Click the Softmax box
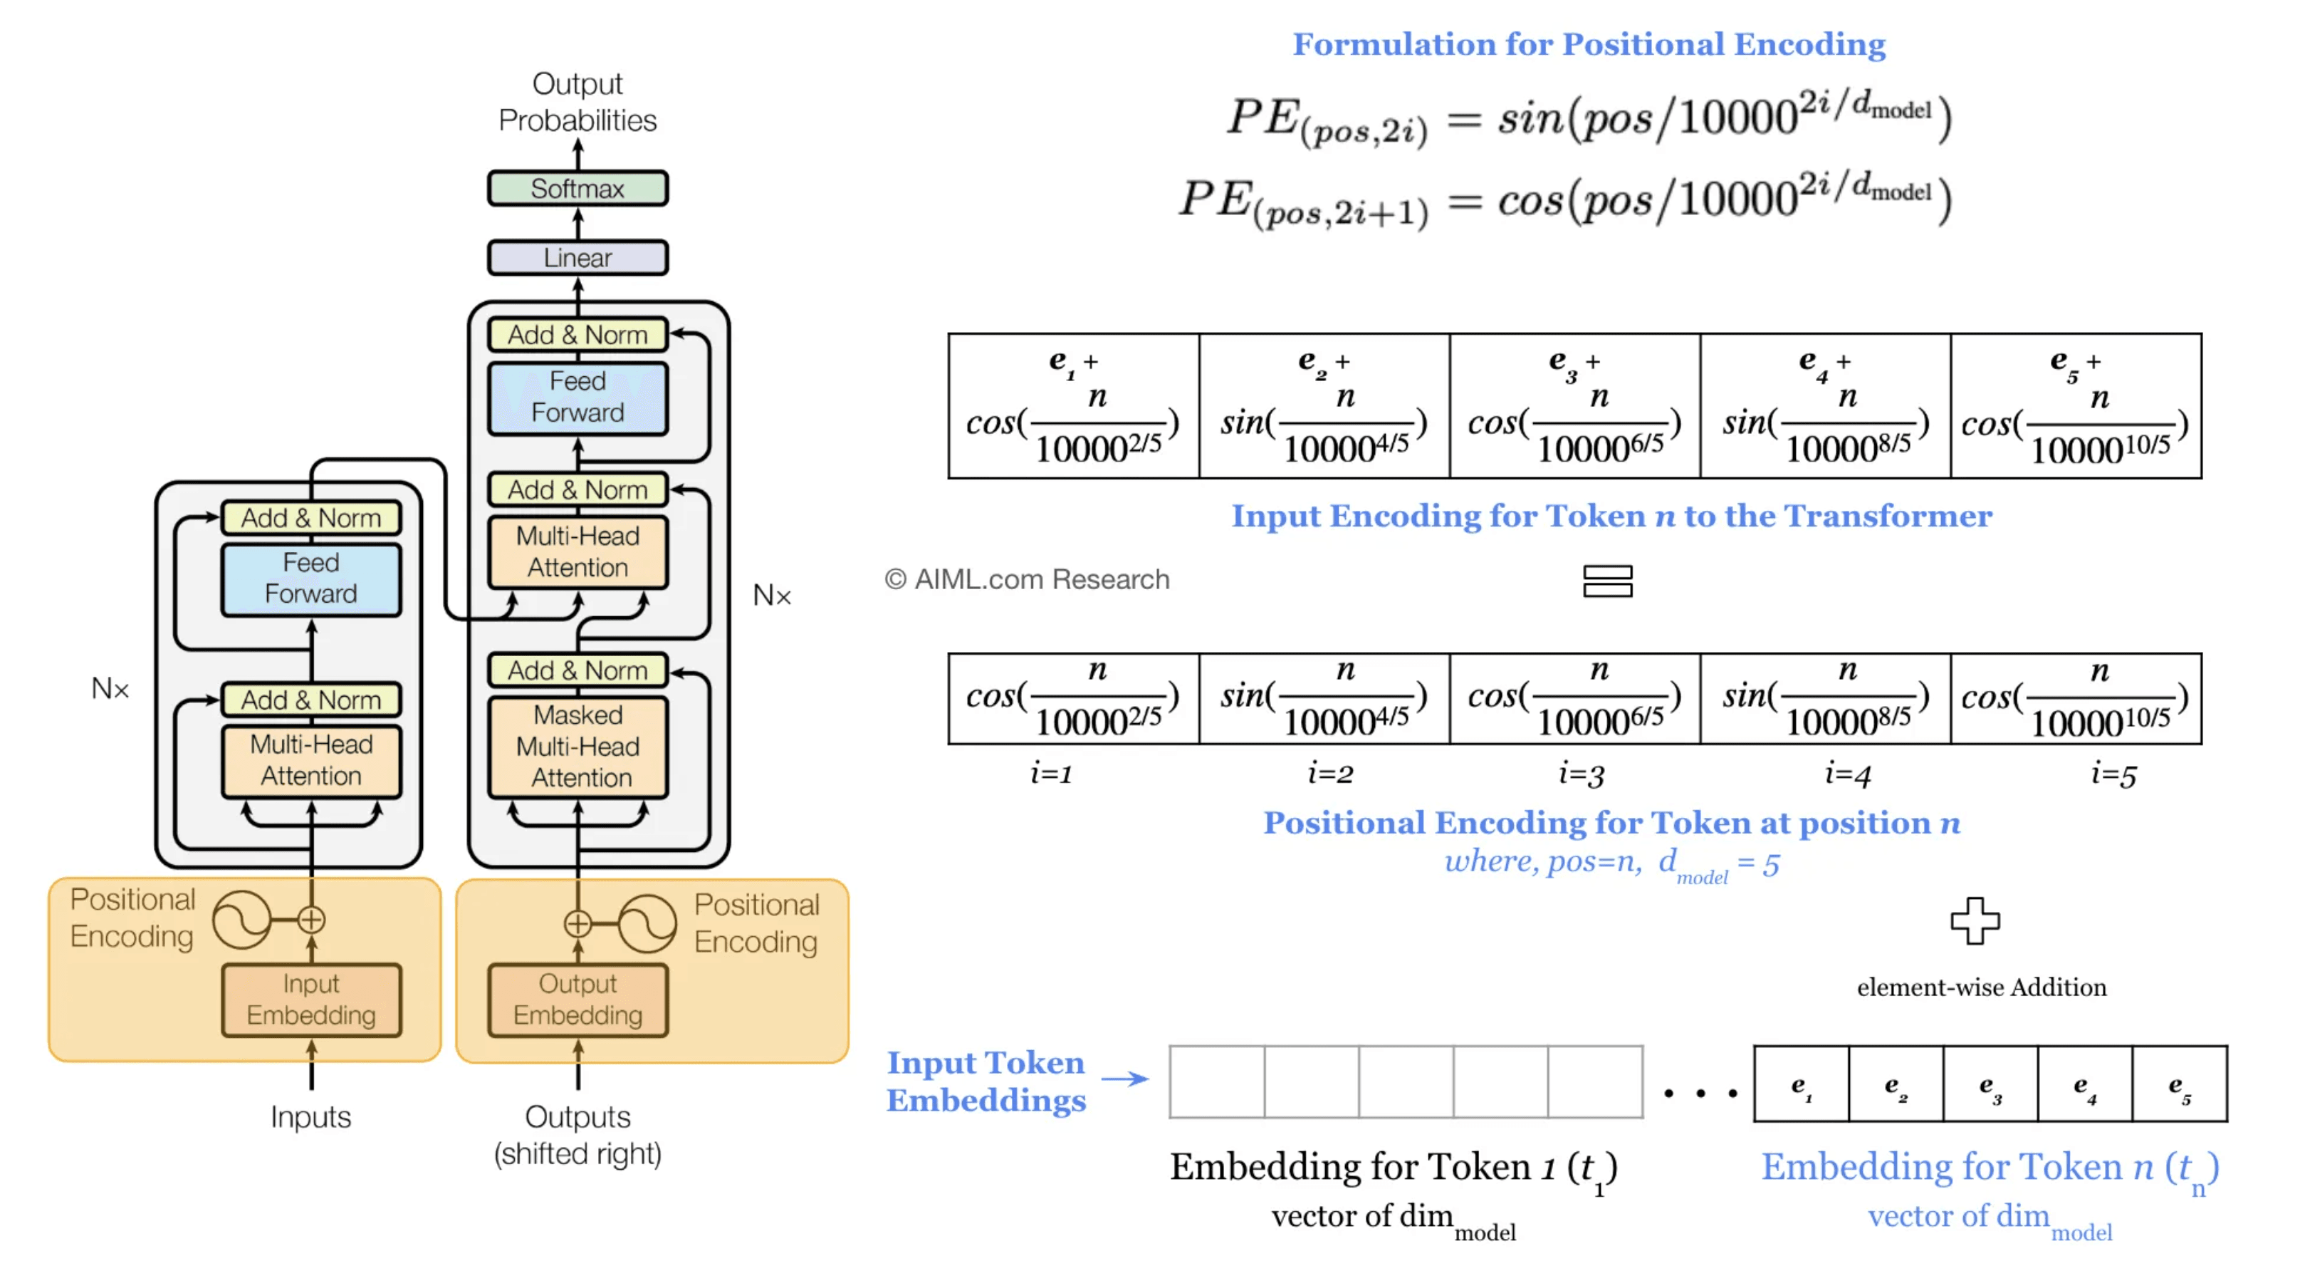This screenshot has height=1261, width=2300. (577, 188)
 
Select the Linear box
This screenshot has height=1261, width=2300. (577, 257)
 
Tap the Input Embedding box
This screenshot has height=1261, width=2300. (310, 1000)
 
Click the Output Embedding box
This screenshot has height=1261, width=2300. (577, 1000)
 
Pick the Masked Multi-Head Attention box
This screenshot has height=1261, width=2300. (577, 747)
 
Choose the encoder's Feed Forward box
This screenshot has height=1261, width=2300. (310, 578)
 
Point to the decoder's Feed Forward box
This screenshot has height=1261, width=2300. (577, 398)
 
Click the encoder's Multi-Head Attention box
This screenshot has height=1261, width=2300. (310, 761)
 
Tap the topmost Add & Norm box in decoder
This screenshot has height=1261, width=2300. (577, 335)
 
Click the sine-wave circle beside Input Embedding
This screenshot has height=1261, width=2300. (242, 920)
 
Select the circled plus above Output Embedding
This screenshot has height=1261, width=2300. (577, 923)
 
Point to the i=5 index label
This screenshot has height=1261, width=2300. (2113, 774)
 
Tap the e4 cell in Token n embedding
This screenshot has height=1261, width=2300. (2084, 1084)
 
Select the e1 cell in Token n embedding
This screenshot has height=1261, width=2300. (1802, 1084)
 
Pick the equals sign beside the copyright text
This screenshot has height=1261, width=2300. (1607, 581)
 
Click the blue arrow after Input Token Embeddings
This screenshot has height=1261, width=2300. (1125, 1079)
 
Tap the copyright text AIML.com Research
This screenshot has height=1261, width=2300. (1027, 580)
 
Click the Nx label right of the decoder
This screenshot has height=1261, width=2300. (771, 595)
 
